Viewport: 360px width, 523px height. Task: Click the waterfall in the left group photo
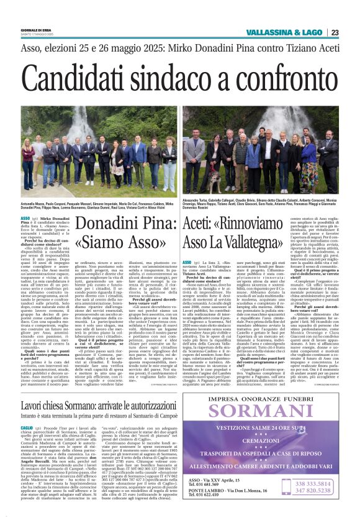click(81, 127)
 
